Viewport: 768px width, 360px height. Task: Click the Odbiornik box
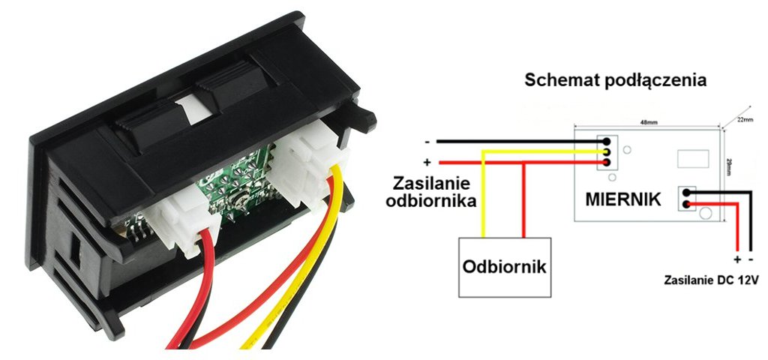[504, 268]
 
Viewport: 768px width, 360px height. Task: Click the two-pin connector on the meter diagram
[686, 199]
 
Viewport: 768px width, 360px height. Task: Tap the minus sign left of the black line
[427, 141]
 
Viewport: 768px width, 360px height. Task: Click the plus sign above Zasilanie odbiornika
[427, 162]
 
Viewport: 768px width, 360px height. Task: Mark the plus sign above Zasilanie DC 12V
[737, 260]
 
